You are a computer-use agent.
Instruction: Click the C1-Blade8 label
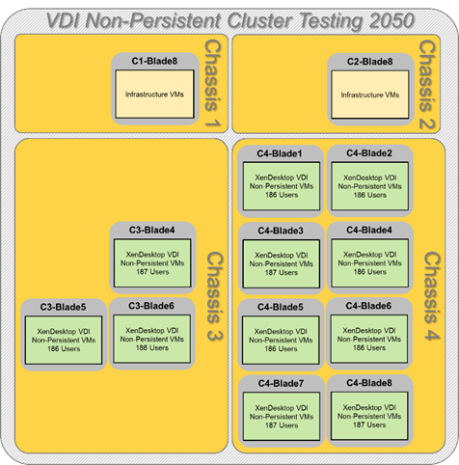(x=154, y=61)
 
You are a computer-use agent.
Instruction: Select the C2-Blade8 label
(x=369, y=62)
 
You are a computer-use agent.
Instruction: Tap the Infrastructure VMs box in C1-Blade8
(x=154, y=95)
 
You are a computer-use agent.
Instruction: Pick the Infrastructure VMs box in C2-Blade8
(x=370, y=95)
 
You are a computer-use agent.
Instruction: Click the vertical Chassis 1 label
(x=212, y=84)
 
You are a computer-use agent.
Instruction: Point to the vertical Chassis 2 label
(x=427, y=85)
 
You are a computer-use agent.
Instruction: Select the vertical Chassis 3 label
(x=214, y=296)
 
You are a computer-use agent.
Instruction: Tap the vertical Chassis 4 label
(x=432, y=296)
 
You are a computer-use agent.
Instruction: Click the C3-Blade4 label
(x=151, y=230)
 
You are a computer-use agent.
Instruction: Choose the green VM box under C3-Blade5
(x=64, y=340)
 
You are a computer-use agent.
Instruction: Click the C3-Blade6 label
(x=151, y=306)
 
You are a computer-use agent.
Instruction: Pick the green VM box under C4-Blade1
(x=282, y=186)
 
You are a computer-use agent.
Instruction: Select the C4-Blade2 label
(x=369, y=153)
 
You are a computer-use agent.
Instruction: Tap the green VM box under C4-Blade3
(x=282, y=263)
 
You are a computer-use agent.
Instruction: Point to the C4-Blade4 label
(x=369, y=230)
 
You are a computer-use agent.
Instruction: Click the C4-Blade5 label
(x=280, y=307)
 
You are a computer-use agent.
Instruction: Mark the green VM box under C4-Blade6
(x=369, y=339)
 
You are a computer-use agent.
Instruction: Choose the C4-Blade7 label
(x=281, y=383)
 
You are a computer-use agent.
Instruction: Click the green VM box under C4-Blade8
(x=369, y=416)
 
